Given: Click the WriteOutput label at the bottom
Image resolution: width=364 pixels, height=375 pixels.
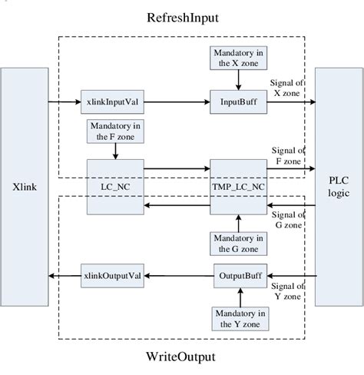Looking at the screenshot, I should (x=182, y=357).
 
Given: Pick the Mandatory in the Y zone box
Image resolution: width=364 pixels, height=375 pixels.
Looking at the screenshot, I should (x=237, y=318).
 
